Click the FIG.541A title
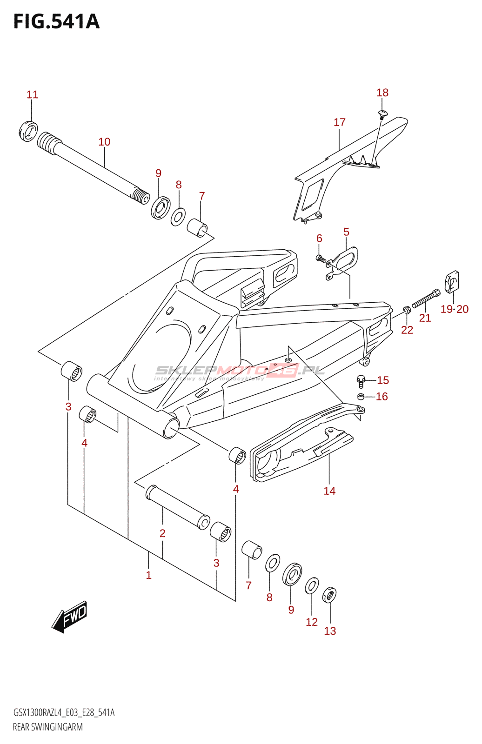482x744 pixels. [x=56, y=22]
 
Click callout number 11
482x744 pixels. [x=33, y=95]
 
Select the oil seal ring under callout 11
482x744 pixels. [x=28, y=131]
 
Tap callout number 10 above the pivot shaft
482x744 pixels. [x=104, y=142]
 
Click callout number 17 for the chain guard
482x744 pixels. [x=340, y=122]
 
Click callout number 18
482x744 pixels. [x=382, y=93]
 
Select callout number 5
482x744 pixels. [x=346, y=232]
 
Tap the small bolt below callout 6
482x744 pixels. [x=321, y=258]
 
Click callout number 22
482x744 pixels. [x=407, y=330]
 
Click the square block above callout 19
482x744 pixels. [x=452, y=282]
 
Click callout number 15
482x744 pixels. [x=383, y=380]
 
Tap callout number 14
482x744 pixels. [x=329, y=491]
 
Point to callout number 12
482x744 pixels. [x=312, y=622]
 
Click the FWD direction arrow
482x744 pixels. [x=69, y=616]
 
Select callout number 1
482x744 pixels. [x=148, y=575]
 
